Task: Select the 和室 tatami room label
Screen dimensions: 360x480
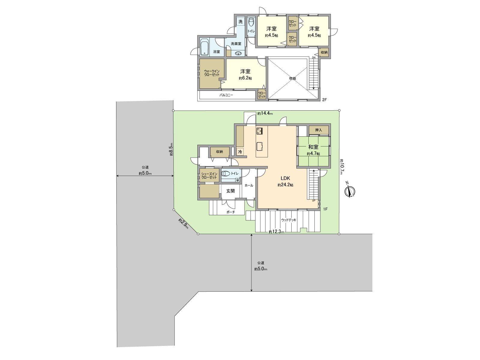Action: (x=313, y=147)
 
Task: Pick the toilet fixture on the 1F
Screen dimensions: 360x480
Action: (x=226, y=173)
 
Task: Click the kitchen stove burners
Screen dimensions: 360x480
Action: (x=259, y=131)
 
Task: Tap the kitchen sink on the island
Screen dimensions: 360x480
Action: (x=260, y=146)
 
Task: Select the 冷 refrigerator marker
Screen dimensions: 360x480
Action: (x=240, y=152)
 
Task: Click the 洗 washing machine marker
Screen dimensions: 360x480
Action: (x=240, y=22)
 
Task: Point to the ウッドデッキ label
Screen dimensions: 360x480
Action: (x=289, y=220)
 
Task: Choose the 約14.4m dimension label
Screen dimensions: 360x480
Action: (x=265, y=114)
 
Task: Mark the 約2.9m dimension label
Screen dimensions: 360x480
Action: (x=183, y=224)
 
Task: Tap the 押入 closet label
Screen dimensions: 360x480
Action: (x=319, y=130)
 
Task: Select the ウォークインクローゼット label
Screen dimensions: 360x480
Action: (x=212, y=73)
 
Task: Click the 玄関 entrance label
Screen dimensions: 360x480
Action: (x=230, y=191)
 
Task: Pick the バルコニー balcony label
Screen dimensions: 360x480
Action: (x=226, y=95)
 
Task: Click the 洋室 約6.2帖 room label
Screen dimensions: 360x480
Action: (x=245, y=74)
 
